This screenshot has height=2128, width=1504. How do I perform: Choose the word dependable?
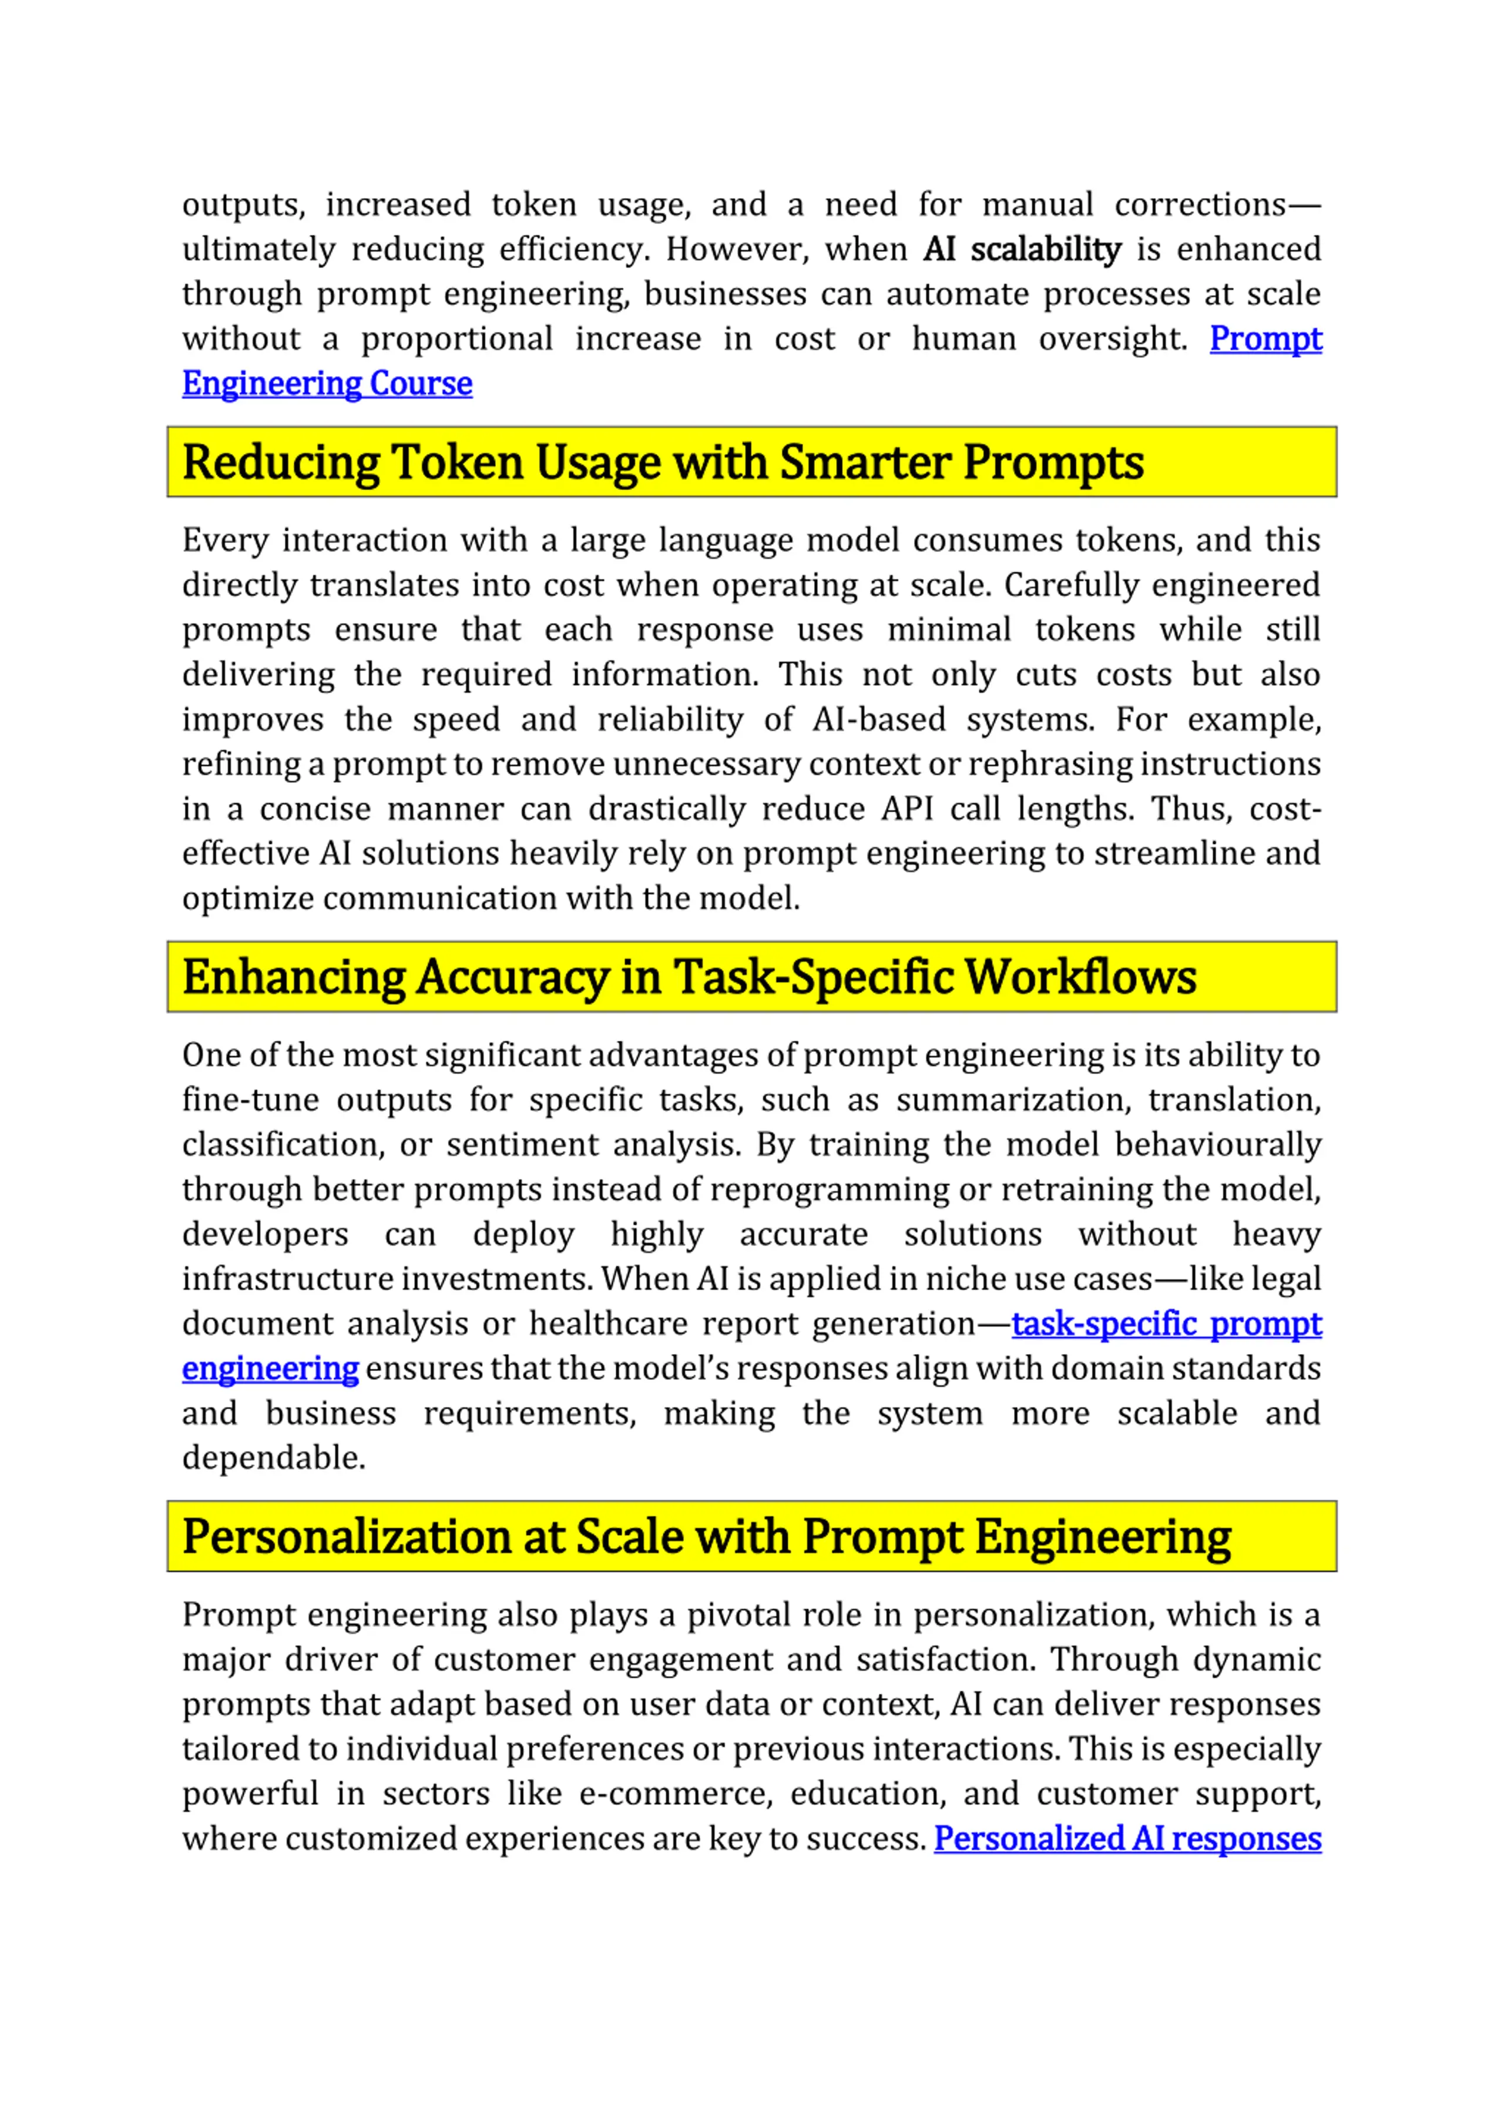pos(273,1458)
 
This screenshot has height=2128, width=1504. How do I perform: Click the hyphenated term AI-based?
pos(878,719)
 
